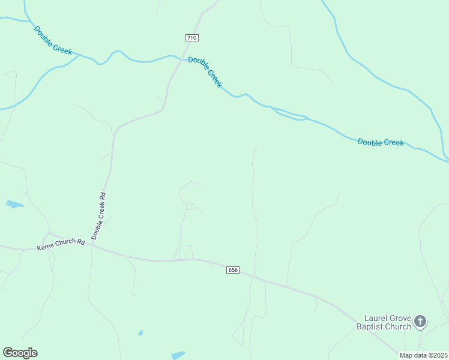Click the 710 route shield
(191, 38)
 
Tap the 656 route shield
(234, 270)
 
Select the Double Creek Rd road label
(98, 216)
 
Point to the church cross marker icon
(420, 322)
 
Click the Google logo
(20, 353)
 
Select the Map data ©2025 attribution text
(423, 355)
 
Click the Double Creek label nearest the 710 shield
(205, 72)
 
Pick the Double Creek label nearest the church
(381, 142)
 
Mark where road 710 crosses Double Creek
(176, 58)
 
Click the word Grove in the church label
(402, 318)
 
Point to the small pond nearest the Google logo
(140, 332)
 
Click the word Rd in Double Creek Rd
(103, 195)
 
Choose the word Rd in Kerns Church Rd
(80, 242)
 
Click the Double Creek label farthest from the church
(53, 40)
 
